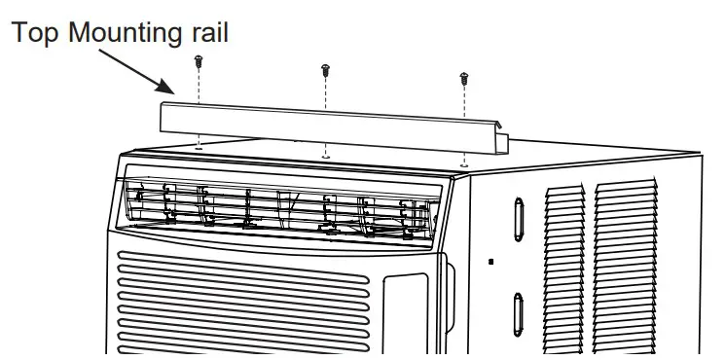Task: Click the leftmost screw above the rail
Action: pos(198,61)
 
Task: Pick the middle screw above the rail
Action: pos(325,70)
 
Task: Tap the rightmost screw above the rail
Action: pos(464,77)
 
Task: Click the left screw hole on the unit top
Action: pos(199,148)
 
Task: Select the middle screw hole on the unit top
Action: pos(325,155)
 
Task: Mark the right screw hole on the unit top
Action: pos(464,163)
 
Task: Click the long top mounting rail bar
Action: pos(331,125)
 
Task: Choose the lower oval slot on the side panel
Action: pos(518,314)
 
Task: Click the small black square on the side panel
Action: pos(492,261)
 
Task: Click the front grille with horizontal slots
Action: pos(243,302)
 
